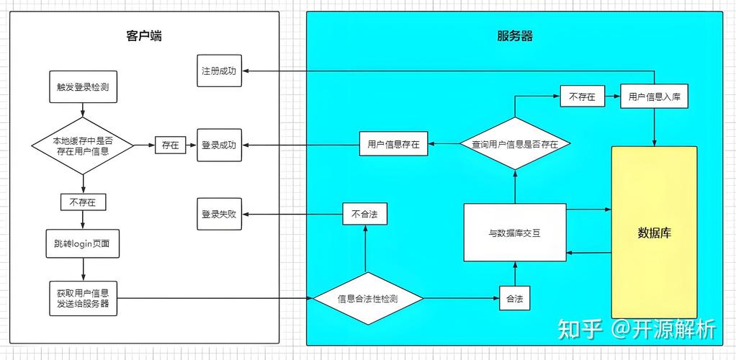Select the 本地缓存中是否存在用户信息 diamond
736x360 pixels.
click(x=83, y=145)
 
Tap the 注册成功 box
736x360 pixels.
click(x=219, y=71)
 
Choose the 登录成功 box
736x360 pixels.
click(x=219, y=145)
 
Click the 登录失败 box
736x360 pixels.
click(x=219, y=215)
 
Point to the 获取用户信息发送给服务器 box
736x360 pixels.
click(x=83, y=297)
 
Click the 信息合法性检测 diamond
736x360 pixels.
click(x=368, y=298)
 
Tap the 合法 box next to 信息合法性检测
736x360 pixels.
click(x=514, y=298)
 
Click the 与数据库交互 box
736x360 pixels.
click(x=514, y=233)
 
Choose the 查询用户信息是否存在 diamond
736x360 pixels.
click(x=514, y=144)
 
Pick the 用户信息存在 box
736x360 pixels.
click(x=393, y=144)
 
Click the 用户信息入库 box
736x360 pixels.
click(x=654, y=96)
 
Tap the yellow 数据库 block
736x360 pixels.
click(x=654, y=233)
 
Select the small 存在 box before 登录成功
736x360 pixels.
click(x=170, y=145)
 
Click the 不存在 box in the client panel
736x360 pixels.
click(x=83, y=202)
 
